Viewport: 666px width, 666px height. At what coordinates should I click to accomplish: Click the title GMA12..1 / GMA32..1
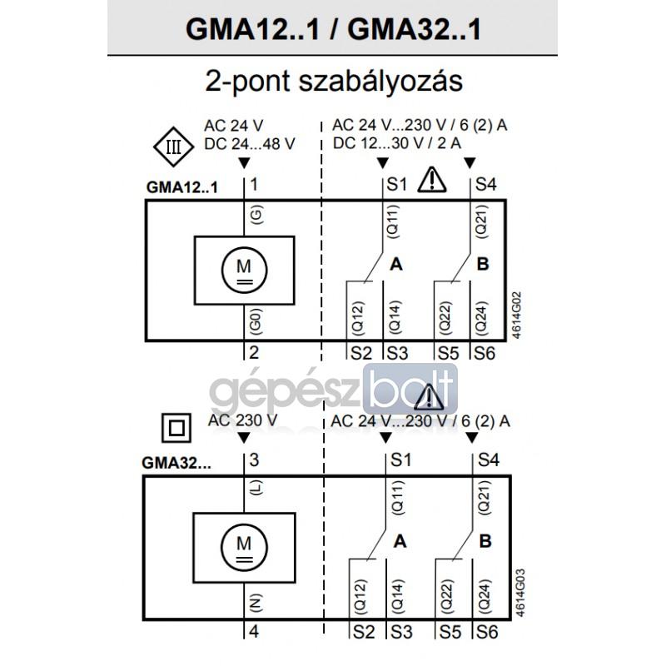(x=334, y=29)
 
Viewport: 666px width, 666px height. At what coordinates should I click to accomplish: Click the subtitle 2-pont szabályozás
(x=334, y=81)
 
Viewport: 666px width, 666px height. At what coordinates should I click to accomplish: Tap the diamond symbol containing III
(x=174, y=147)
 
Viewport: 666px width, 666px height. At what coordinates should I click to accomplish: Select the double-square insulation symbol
(x=176, y=428)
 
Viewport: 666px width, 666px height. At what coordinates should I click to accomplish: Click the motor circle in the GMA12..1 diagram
(x=244, y=270)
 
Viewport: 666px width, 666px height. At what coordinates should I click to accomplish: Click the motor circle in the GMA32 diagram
(x=244, y=548)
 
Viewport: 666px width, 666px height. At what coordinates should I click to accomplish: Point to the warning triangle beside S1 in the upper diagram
(x=432, y=180)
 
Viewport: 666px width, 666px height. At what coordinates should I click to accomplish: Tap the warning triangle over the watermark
(x=429, y=398)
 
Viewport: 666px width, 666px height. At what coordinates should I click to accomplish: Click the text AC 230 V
(x=242, y=420)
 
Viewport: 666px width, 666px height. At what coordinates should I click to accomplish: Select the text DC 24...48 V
(x=250, y=144)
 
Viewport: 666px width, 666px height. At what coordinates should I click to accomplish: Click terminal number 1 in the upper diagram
(x=254, y=185)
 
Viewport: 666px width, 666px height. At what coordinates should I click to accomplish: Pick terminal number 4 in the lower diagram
(x=254, y=631)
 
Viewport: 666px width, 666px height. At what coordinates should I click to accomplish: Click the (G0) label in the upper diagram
(x=256, y=321)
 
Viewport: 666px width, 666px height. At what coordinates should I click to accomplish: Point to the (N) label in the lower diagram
(x=256, y=603)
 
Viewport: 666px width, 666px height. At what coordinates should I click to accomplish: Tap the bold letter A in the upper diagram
(x=396, y=264)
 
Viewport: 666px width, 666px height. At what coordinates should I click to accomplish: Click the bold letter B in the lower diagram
(x=485, y=541)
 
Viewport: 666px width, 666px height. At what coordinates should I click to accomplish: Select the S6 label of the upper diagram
(x=485, y=353)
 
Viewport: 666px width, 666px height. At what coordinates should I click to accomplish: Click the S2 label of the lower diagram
(x=364, y=632)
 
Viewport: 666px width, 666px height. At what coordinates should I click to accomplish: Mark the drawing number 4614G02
(x=516, y=315)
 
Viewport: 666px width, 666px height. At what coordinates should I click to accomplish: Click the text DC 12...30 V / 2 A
(x=397, y=143)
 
